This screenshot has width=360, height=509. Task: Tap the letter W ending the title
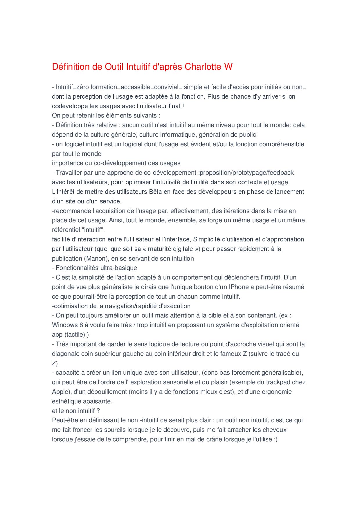[x=228, y=67]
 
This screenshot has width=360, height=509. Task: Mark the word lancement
[x=289, y=192]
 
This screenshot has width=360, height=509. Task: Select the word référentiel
[x=66, y=230]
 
